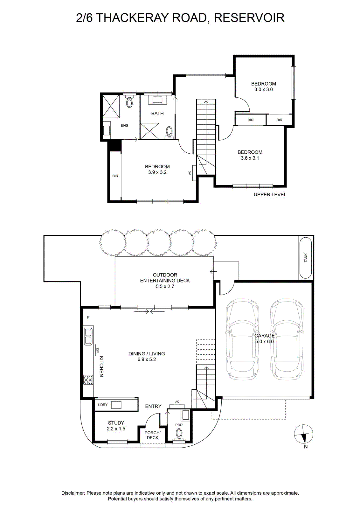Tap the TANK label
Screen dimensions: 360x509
306,258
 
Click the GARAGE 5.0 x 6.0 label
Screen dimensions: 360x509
264,338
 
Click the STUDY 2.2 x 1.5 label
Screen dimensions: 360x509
116,426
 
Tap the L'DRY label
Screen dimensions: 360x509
102,404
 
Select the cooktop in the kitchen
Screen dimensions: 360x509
88,380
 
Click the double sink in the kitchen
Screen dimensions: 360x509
88,336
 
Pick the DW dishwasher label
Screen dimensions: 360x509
98,351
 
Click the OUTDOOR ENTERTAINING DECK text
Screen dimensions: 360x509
165,278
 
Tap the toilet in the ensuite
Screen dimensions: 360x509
129,101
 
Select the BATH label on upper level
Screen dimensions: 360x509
157,113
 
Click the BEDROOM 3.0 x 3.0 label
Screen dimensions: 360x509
263,86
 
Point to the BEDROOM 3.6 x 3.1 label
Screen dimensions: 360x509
250,155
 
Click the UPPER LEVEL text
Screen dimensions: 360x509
270,194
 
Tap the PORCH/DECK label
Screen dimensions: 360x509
153,435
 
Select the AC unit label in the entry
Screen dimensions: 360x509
177,401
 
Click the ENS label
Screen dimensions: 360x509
124,125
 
